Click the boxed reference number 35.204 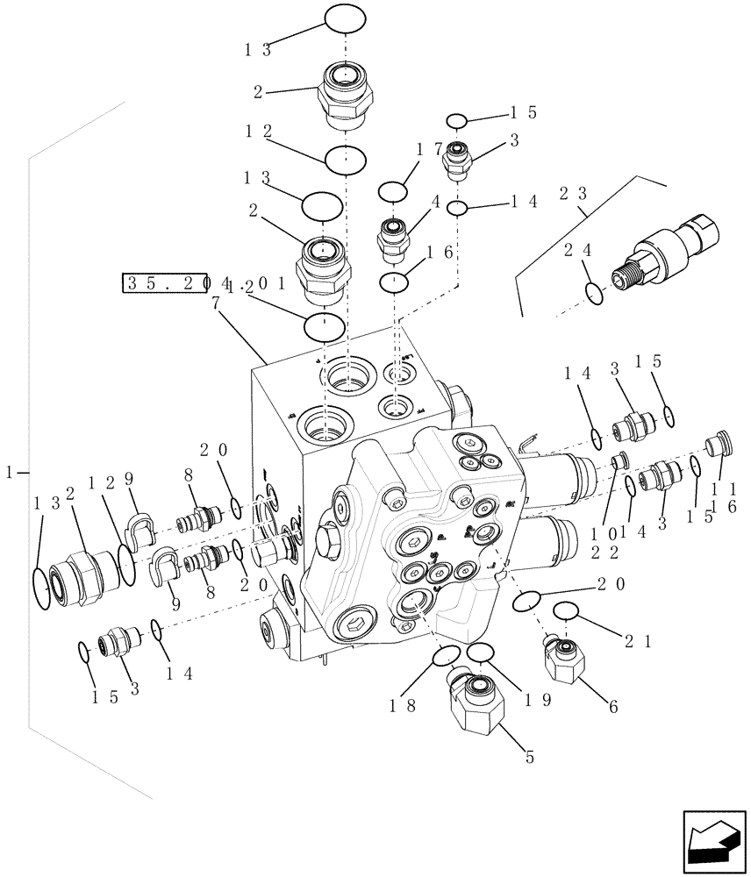coord(175,282)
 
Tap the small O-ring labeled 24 coord(594,294)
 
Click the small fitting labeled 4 coord(391,238)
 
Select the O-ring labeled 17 coord(393,190)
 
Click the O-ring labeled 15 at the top coord(456,120)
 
